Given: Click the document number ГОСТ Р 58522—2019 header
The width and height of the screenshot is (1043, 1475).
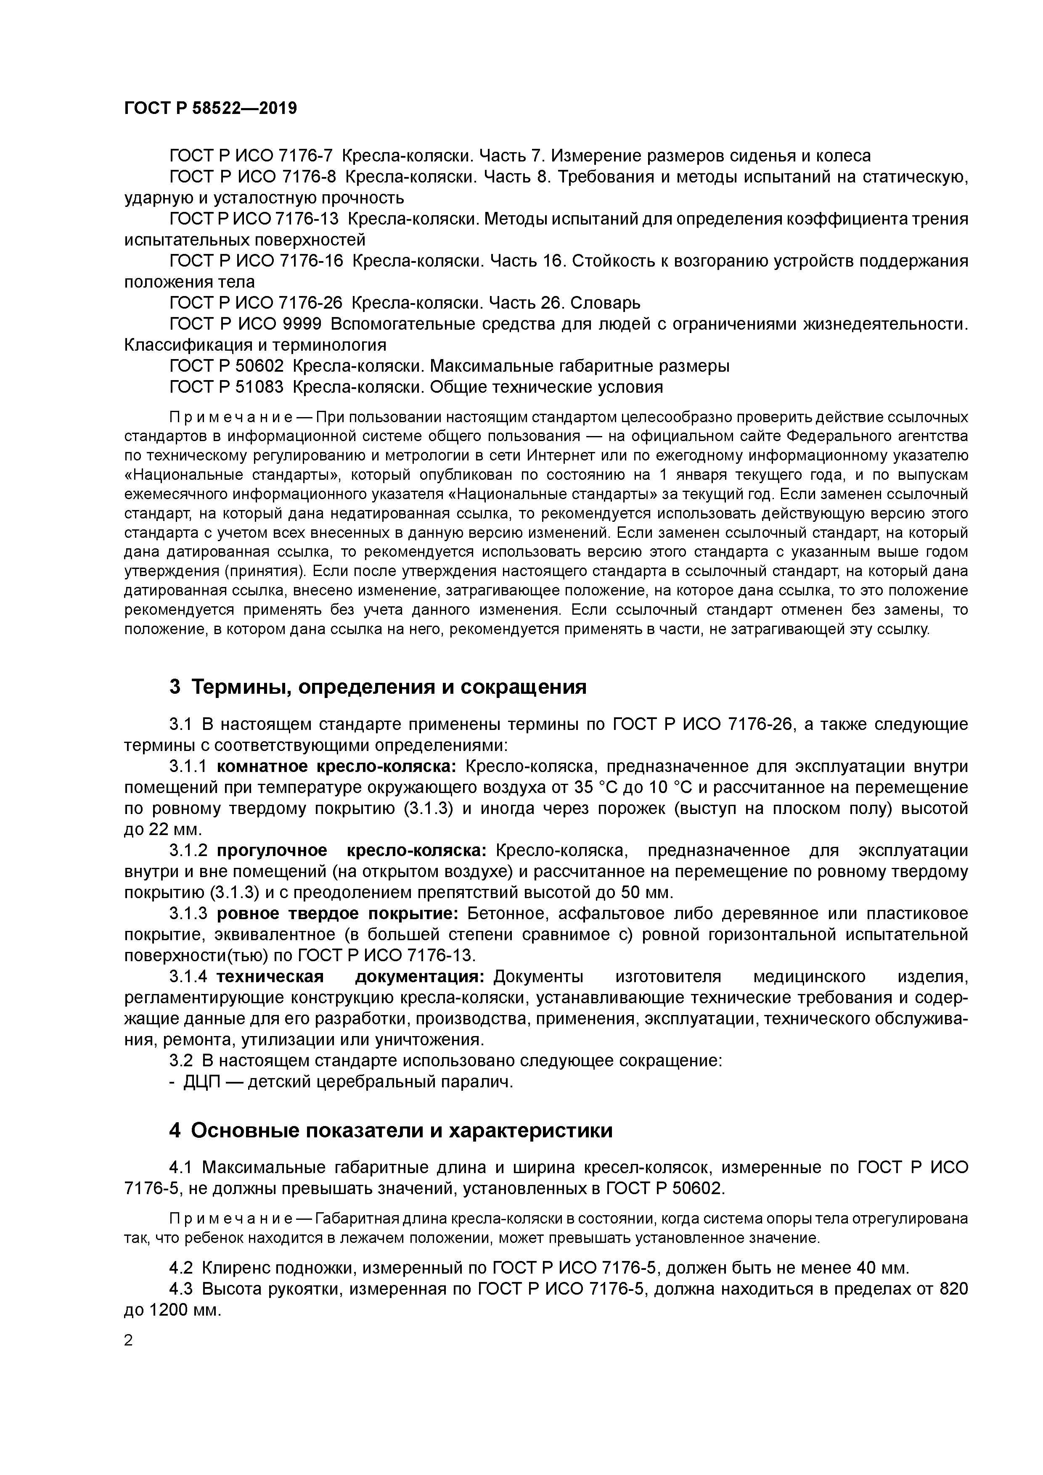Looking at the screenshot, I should (x=210, y=108).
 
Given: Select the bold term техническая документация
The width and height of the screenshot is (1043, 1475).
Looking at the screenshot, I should (x=350, y=976).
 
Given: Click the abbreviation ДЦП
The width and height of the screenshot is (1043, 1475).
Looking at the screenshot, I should (x=202, y=1082).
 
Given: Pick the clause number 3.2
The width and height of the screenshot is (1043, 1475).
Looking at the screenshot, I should (x=183, y=1061).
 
